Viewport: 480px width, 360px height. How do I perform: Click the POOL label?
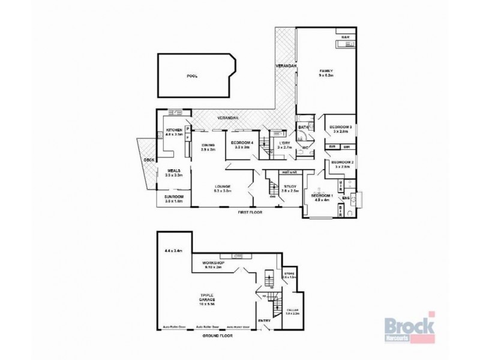click(x=192, y=76)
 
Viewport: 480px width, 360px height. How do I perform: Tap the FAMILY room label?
click(x=325, y=71)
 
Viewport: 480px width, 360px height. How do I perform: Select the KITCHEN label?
click(x=174, y=130)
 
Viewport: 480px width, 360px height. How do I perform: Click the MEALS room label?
click(x=174, y=171)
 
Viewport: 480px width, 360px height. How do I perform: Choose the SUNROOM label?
click(x=174, y=197)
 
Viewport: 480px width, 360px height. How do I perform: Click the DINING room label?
click(x=208, y=145)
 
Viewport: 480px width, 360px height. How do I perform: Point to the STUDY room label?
click(x=290, y=187)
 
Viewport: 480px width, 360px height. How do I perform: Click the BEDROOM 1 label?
click(x=322, y=196)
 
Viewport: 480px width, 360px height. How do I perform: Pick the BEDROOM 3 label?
click(x=340, y=127)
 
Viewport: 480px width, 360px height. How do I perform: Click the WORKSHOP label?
click(x=213, y=263)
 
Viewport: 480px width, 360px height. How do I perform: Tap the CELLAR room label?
click(x=292, y=311)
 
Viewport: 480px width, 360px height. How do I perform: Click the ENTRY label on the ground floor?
click(x=264, y=320)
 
